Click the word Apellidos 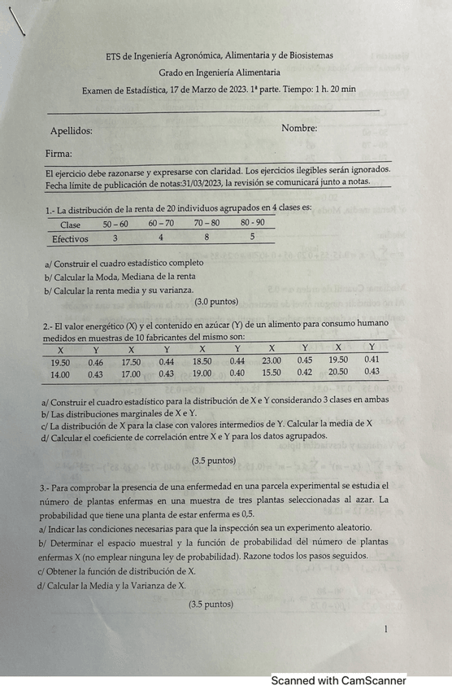(x=71, y=130)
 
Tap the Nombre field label (x=299, y=128)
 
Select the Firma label (x=59, y=153)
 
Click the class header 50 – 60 (x=115, y=224)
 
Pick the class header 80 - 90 (x=252, y=223)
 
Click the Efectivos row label (x=70, y=239)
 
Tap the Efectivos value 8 (x=206, y=238)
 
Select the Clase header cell (x=71, y=225)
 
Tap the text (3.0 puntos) (x=193, y=301)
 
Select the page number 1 (x=385, y=629)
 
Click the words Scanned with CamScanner (x=338, y=680)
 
